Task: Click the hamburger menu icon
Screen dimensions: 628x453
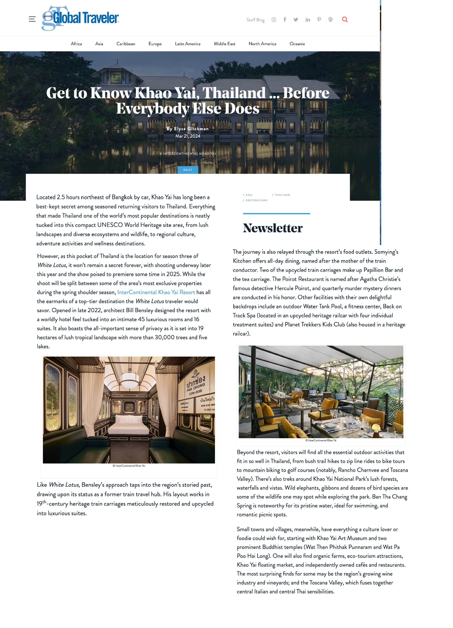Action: pyautogui.click(x=32, y=19)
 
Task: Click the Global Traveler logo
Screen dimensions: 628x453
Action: pyautogui.click(x=80, y=18)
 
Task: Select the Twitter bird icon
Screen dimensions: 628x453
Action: pyautogui.click(x=296, y=19)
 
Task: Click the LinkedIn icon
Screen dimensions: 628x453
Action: pyautogui.click(x=307, y=19)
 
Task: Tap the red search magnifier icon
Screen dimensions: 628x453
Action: pyautogui.click(x=345, y=19)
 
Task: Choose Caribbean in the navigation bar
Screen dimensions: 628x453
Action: pyautogui.click(x=126, y=44)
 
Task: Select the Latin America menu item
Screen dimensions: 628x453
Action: pyautogui.click(x=187, y=44)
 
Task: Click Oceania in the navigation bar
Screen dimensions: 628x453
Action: pyautogui.click(x=297, y=44)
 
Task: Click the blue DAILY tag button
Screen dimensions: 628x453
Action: pyautogui.click(x=188, y=170)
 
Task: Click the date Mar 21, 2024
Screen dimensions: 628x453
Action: pyautogui.click(x=188, y=136)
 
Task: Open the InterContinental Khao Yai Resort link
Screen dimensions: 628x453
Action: pyautogui.click(x=156, y=292)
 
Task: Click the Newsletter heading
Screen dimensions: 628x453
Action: pyautogui.click(x=273, y=228)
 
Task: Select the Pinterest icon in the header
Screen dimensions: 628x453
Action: pyautogui.click(x=319, y=19)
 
